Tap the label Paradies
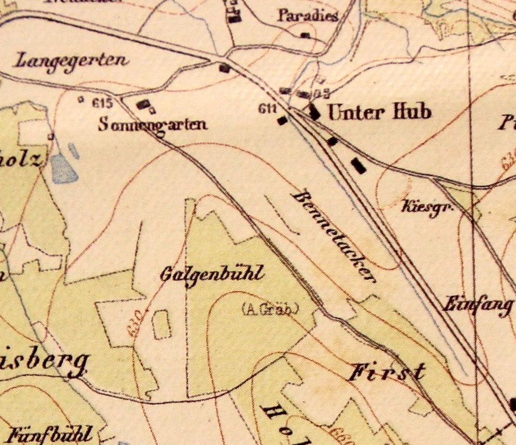click(x=308, y=15)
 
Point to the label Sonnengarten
click(x=153, y=124)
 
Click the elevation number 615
click(x=103, y=102)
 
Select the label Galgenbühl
click(x=212, y=273)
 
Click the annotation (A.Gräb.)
click(x=270, y=309)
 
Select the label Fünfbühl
click(x=50, y=433)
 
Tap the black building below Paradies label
click(x=305, y=35)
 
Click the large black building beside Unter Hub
click(x=313, y=111)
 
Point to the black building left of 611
click(x=282, y=121)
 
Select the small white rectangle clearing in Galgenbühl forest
click(x=163, y=324)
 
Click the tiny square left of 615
click(x=80, y=99)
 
